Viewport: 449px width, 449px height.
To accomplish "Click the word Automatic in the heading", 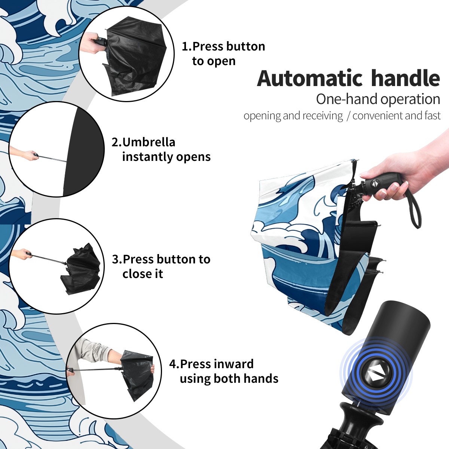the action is tap(310, 78).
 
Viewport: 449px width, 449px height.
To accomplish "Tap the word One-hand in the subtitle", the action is tap(347, 99).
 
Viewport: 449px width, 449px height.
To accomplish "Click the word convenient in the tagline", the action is tap(377, 116).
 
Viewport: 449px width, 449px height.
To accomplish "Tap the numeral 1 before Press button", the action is tap(185, 47).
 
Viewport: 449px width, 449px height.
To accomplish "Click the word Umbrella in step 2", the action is tap(149, 142).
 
